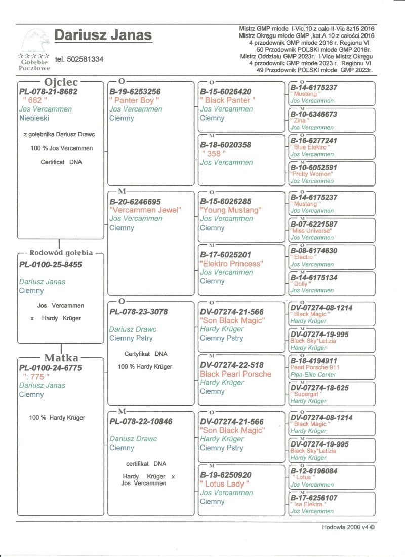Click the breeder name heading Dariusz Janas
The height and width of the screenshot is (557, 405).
pyautogui.click(x=103, y=35)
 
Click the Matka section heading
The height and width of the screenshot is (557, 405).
pyautogui.click(x=61, y=359)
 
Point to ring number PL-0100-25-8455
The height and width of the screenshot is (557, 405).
pyautogui.click(x=50, y=265)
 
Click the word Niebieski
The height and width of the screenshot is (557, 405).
pyautogui.click(x=34, y=118)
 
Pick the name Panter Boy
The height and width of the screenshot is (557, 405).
pyautogui.click(x=134, y=100)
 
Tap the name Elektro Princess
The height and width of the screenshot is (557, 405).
pyautogui.click(x=231, y=264)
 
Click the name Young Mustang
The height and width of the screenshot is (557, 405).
pyautogui.click(x=230, y=210)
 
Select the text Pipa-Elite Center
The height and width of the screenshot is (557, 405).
pyautogui.click(x=313, y=375)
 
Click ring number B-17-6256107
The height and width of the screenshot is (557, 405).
pyautogui.click(x=314, y=498)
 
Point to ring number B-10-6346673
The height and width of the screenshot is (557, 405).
pyautogui.click(x=314, y=115)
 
